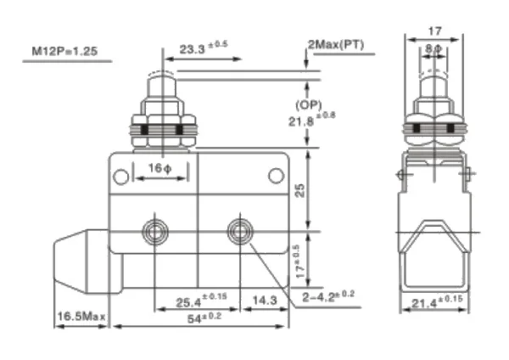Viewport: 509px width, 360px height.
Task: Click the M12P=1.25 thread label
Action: (65, 51)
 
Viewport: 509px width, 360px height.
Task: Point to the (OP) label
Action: (307, 105)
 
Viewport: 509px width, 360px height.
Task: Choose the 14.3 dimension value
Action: (266, 299)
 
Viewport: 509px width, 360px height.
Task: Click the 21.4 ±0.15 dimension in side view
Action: (435, 303)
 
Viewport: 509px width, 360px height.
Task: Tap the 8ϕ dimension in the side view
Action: (433, 48)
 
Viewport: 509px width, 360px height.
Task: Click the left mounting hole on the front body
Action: (155, 230)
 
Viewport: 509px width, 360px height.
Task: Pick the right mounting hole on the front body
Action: (238, 230)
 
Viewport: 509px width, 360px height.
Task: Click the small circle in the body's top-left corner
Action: (122, 177)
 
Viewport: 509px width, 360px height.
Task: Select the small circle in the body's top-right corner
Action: (275, 176)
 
